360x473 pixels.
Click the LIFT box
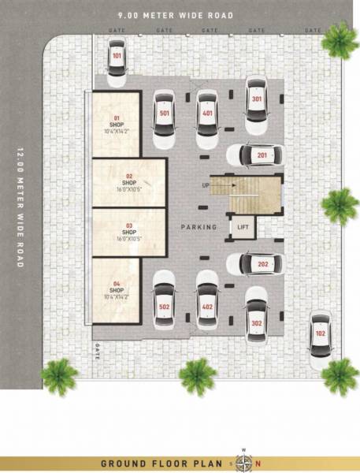[242, 227]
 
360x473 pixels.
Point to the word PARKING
[198, 227]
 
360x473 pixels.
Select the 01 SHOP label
[117, 125]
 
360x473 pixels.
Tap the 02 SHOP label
[129, 183]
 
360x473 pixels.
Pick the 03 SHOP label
[129, 232]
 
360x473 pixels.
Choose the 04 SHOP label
[117, 289]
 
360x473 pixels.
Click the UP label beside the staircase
[206, 185]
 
